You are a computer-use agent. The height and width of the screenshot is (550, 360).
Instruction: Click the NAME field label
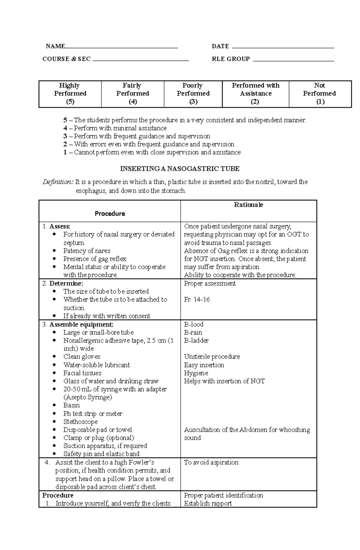pyautogui.click(x=55, y=46)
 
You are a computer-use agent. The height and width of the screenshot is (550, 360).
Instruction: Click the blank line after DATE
pyautogui.click(x=283, y=47)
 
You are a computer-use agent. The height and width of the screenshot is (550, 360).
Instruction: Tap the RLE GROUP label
pyautogui.click(x=231, y=59)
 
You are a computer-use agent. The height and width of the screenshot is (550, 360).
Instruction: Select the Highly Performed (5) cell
pyautogui.click(x=70, y=94)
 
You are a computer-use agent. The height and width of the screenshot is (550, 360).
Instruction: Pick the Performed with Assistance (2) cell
pyautogui.click(x=255, y=94)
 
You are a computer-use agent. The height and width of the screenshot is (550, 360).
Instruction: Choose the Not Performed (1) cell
pyautogui.click(x=320, y=94)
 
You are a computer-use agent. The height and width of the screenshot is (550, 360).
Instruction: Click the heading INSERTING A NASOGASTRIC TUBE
pyautogui.click(x=180, y=169)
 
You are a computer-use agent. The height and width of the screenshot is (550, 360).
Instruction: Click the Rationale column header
pyautogui.click(x=248, y=205)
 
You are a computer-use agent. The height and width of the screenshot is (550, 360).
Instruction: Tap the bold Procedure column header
pyautogui.click(x=110, y=213)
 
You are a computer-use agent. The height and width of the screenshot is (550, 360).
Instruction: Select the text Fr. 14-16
pyautogui.click(x=197, y=299)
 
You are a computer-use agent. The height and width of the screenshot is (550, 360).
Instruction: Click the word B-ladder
pyautogui.click(x=196, y=340)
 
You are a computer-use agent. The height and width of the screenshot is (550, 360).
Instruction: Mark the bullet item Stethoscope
pyautogui.click(x=80, y=422)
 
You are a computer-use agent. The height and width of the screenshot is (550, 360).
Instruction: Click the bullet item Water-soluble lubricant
pyautogui.click(x=97, y=365)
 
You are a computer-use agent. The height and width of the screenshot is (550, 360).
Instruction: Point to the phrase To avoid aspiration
pyautogui.click(x=211, y=462)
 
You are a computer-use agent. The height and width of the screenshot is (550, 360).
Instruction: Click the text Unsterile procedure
pyautogui.click(x=212, y=357)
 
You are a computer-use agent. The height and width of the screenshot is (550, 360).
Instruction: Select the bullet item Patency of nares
pyautogui.click(x=87, y=251)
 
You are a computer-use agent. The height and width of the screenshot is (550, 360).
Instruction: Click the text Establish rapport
pyautogui.click(x=208, y=504)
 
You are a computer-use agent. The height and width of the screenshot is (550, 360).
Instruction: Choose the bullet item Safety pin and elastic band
pyautogui.click(x=101, y=454)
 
